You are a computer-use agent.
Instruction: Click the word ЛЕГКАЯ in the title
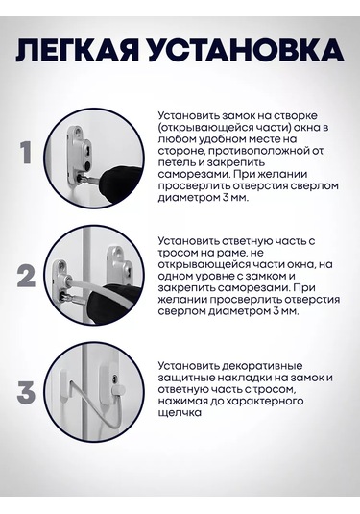(78, 51)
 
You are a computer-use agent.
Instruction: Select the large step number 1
(25, 153)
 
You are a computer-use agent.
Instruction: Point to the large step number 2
(26, 276)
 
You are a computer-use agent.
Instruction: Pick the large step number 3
(26, 392)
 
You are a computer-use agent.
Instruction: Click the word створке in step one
(299, 115)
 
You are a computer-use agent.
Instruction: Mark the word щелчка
(180, 413)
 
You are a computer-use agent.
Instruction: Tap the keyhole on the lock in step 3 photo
(115, 378)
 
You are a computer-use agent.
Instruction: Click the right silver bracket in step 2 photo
(119, 264)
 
